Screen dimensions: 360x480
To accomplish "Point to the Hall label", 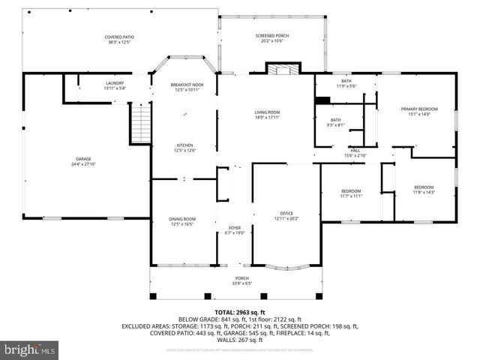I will (355, 152).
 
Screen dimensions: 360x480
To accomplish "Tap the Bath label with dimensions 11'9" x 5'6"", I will (346, 83).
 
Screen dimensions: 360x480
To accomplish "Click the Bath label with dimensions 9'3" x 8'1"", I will (336, 122).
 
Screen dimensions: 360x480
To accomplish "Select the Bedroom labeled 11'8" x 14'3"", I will (424, 189).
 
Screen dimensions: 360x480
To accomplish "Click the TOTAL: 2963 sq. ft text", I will (240, 312).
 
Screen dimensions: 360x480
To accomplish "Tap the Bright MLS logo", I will (30, 349).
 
